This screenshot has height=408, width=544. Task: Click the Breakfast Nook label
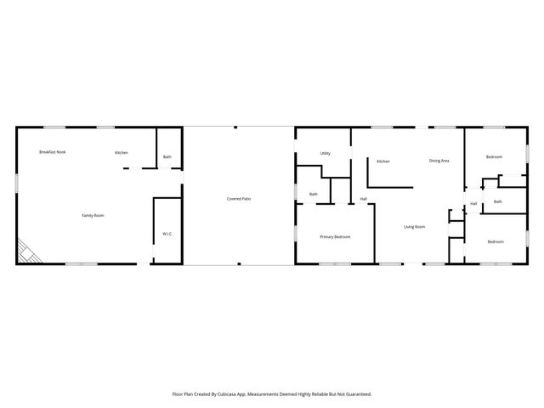click(52, 152)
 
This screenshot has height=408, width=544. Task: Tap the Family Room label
click(93, 216)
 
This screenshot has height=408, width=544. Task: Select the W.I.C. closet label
click(167, 234)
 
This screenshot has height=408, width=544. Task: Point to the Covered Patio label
click(238, 199)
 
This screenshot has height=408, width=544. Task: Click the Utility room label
click(325, 154)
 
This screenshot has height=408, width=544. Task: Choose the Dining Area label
click(439, 161)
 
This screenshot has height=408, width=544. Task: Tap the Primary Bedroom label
click(335, 237)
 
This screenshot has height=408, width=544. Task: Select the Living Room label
click(414, 227)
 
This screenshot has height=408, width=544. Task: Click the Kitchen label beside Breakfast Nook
click(122, 153)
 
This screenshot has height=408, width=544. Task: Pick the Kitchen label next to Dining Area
click(383, 161)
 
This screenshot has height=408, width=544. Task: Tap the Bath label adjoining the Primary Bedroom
click(313, 195)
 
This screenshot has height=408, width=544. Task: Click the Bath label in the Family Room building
click(167, 157)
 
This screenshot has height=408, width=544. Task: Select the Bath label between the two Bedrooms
click(497, 202)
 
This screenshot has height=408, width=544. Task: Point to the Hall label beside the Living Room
click(363, 199)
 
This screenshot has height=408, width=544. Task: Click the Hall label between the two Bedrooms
click(473, 204)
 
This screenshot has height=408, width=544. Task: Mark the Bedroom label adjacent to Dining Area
click(494, 157)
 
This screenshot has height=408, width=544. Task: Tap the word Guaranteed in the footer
click(357, 394)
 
